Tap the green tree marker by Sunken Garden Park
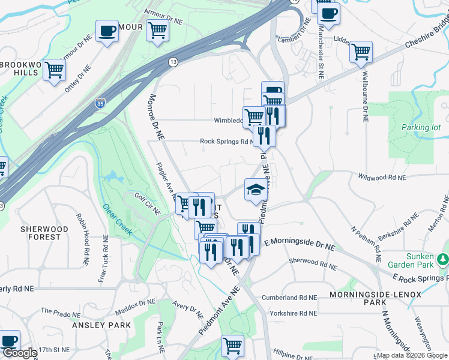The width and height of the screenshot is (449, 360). click(x=443, y=259)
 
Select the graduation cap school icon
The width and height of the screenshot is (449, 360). click(x=255, y=190)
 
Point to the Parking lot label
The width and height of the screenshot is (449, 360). click(x=420, y=127)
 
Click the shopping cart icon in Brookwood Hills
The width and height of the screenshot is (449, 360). click(x=54, y=70)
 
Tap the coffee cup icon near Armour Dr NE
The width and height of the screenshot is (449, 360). click(x=107, y=31)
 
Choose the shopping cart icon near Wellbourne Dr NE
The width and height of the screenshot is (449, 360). click(x=361, y=52)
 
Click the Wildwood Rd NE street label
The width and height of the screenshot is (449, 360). click(x=382, y=178)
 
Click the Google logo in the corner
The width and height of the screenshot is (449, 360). click(x=19, y=353)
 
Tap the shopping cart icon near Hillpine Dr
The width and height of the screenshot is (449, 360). click(x=232, y=345)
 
